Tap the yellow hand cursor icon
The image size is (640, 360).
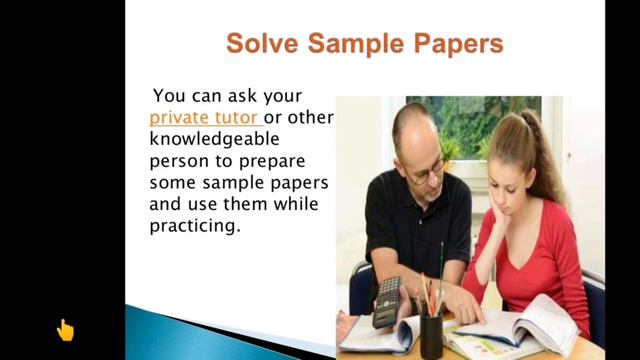tap(65, 329)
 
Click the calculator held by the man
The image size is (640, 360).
tap(387, 301)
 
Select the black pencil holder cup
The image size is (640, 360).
tap(432, 334)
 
